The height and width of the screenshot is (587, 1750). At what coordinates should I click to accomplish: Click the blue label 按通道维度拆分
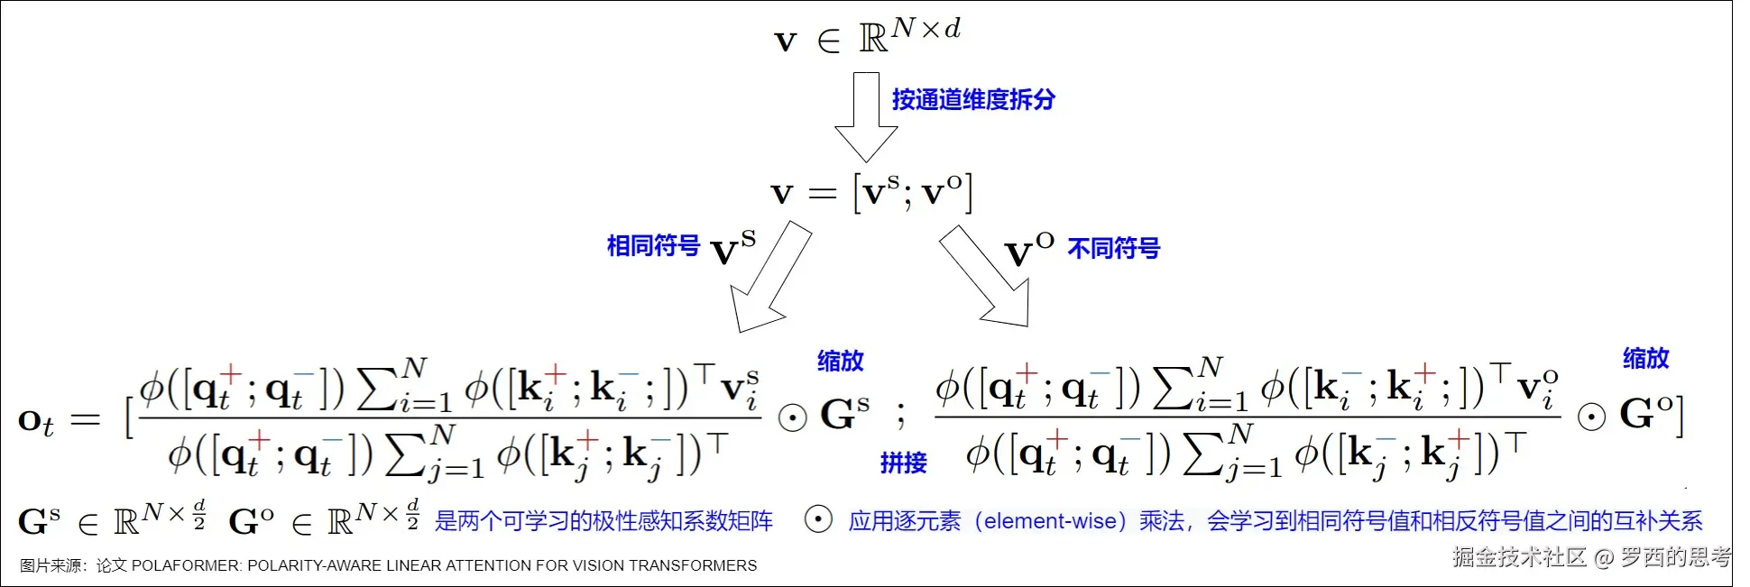point(972,99)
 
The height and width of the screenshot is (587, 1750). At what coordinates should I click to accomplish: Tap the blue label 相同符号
point(653,245)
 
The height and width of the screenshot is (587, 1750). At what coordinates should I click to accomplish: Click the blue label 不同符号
point(1113,248)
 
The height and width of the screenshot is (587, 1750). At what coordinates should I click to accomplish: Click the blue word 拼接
point(903,463)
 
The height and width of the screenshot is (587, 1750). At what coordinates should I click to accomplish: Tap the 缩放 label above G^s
point(840,361)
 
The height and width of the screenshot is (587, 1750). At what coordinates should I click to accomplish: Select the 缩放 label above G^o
point(1645,358)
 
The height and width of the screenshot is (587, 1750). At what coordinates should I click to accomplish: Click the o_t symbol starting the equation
point(35,421)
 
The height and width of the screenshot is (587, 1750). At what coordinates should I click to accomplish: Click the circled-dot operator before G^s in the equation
point(792,417)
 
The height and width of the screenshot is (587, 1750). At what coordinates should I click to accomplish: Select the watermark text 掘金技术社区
point(1519,556)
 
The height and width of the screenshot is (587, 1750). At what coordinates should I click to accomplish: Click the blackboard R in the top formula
point(873,39)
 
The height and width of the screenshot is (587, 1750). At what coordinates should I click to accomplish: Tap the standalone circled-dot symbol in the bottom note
point(817,520)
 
